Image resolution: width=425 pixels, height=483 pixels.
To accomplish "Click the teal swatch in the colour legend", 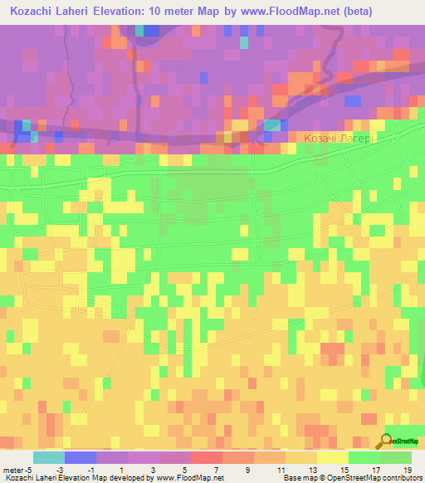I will (49, 457).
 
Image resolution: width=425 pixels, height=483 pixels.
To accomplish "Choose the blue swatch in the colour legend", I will (81, 457).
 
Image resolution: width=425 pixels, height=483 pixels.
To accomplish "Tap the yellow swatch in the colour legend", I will (333, 457).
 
